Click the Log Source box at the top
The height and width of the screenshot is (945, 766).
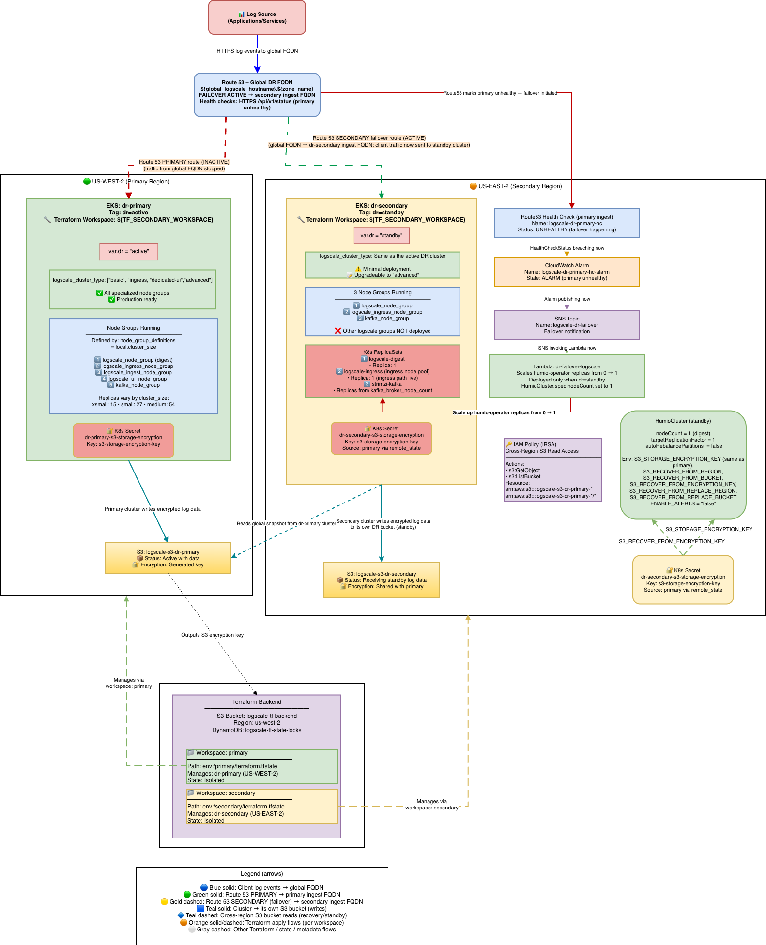click(x=257, y=17)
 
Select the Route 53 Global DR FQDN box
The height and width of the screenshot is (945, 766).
click(x=257, y=95)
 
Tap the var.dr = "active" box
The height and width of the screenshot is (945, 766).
click(x=128, y=251)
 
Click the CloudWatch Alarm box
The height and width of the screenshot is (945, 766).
click(x=567, y=272)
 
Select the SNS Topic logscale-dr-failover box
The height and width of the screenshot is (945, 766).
click(x=567, y=325)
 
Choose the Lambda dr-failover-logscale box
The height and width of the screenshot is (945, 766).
click(x=567, y=376)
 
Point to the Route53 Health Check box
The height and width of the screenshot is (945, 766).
click(x=567, y=223)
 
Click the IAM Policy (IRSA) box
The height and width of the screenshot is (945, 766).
click(x=552, y=470)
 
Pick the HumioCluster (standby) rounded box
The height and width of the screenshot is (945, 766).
click(x=683, y=465)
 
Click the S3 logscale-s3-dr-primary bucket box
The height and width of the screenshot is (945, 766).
click(x=168, y=558)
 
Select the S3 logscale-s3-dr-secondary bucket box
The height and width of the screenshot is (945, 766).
click(x=381, y=580)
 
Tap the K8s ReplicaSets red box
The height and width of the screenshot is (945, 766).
click(x=382, y=371)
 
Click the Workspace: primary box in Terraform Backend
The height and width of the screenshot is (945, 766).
click(x=261, y=766)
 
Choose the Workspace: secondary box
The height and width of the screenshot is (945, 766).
click(x=261, y=807)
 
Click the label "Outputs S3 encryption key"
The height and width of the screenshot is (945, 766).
click(x=212, y=635)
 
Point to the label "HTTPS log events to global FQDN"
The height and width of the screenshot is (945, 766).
click(x=257, y=51)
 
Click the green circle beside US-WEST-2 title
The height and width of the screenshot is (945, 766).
click(x=87, y=182)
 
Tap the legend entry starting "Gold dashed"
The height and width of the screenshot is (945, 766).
click(x=261, y=902)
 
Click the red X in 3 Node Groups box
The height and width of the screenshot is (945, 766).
click(x=338, y=331)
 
